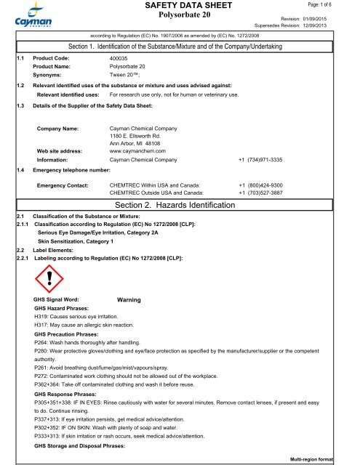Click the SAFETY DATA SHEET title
[180, 7]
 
